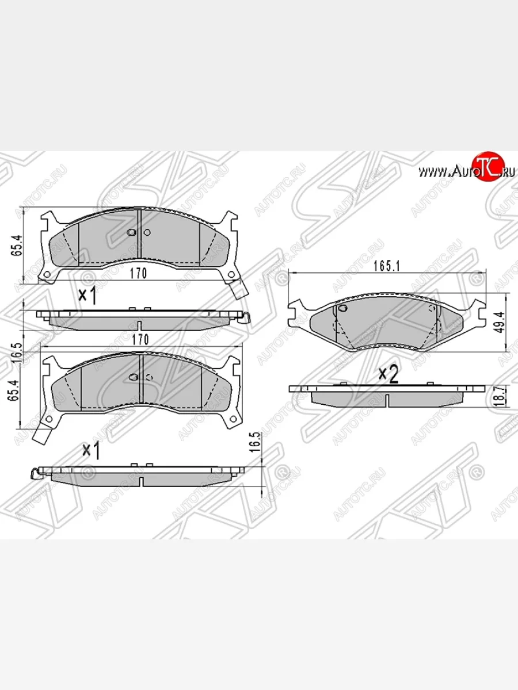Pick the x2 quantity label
[x=389, y=374]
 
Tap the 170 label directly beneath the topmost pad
[x=138, y=274]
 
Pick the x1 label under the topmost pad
[x=87, y=296]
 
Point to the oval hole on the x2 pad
[x=343, y=309]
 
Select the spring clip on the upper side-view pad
[x=246, y=316]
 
